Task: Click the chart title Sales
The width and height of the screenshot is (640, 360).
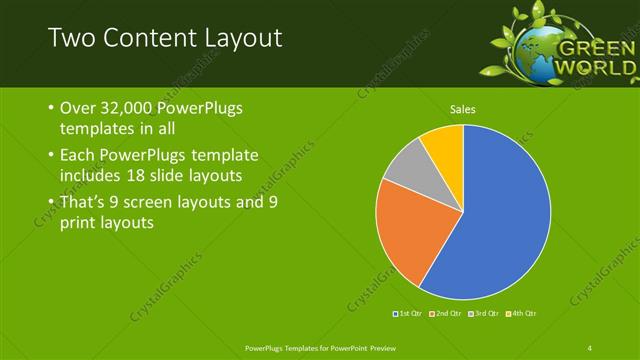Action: (x=462, y=109)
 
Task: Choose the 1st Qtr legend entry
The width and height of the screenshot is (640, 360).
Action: (x=407, y=314)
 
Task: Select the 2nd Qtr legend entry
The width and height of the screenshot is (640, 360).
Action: (x=445, y=314)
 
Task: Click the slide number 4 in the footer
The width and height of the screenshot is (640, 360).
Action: (x=590, y=347)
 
